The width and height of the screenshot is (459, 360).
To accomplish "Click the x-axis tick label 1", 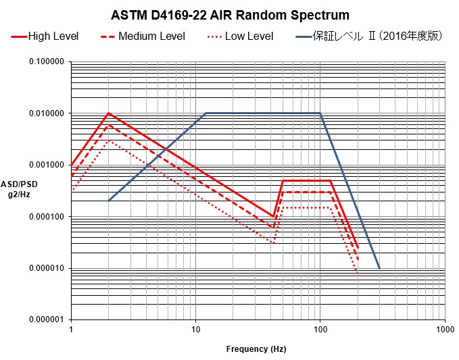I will pos(71,330).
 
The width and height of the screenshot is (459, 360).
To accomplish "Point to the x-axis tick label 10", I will pos(195,330).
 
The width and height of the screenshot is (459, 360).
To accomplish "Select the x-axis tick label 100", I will pos(320,330).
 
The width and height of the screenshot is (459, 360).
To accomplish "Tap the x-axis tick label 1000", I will pos(444,330).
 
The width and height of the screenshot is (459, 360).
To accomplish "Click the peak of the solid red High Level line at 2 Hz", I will pos(108,113).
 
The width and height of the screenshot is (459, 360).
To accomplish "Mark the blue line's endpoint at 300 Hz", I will pos(379,268).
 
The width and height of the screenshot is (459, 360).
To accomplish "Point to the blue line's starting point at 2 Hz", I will pos(109,201).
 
